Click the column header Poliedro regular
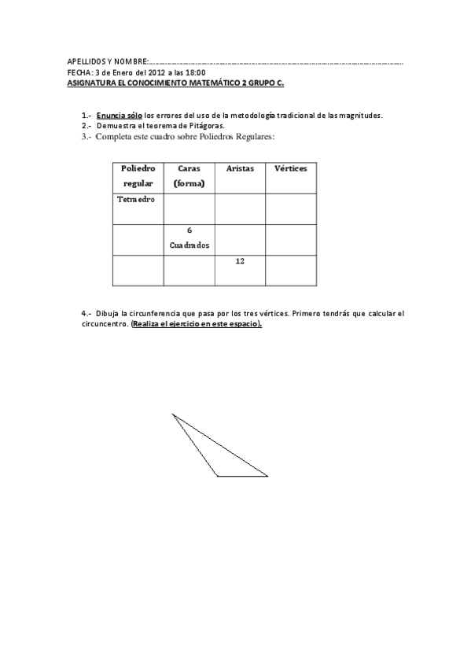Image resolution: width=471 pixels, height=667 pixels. pyautogui.click(x=138, y=175)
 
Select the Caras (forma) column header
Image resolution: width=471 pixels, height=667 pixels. pyautogui.click(x=190, y=175)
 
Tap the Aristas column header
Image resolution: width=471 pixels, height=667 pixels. pyautogui.click(x=239, y=168)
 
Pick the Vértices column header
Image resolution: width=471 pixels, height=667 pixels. pyautogui.click(x=290, y=168)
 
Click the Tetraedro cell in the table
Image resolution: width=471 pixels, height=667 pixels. pyautogui.click(x=136, y=199)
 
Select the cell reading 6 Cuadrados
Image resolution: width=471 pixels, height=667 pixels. pyautogui.click(x=190, y=238)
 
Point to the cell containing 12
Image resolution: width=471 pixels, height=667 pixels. pyautogui.click(x=239, y=261)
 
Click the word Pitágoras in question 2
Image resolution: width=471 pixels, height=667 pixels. pyautogui.click(x=204, y=125)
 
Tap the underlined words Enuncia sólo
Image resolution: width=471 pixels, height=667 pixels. pyautogui.click(x=120, y=115)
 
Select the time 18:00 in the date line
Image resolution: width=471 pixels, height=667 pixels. pyautogui.click(x=195, y=72)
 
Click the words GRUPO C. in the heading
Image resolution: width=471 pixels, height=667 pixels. pyautogui.click(x=263, y=81)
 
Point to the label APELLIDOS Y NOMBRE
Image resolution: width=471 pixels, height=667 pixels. pyautogui.click(x=107, y=61)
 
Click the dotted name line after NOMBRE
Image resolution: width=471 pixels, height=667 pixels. pyautogui.click(x=275, y=62)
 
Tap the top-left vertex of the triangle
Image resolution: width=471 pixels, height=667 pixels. pyautogui.click(x=172, y=414)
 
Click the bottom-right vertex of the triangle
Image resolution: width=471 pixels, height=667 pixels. pyautogui.click(x=267, y=476)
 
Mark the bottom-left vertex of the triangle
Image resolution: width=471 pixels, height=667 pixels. pyautogui.click(x=218, y=476)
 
